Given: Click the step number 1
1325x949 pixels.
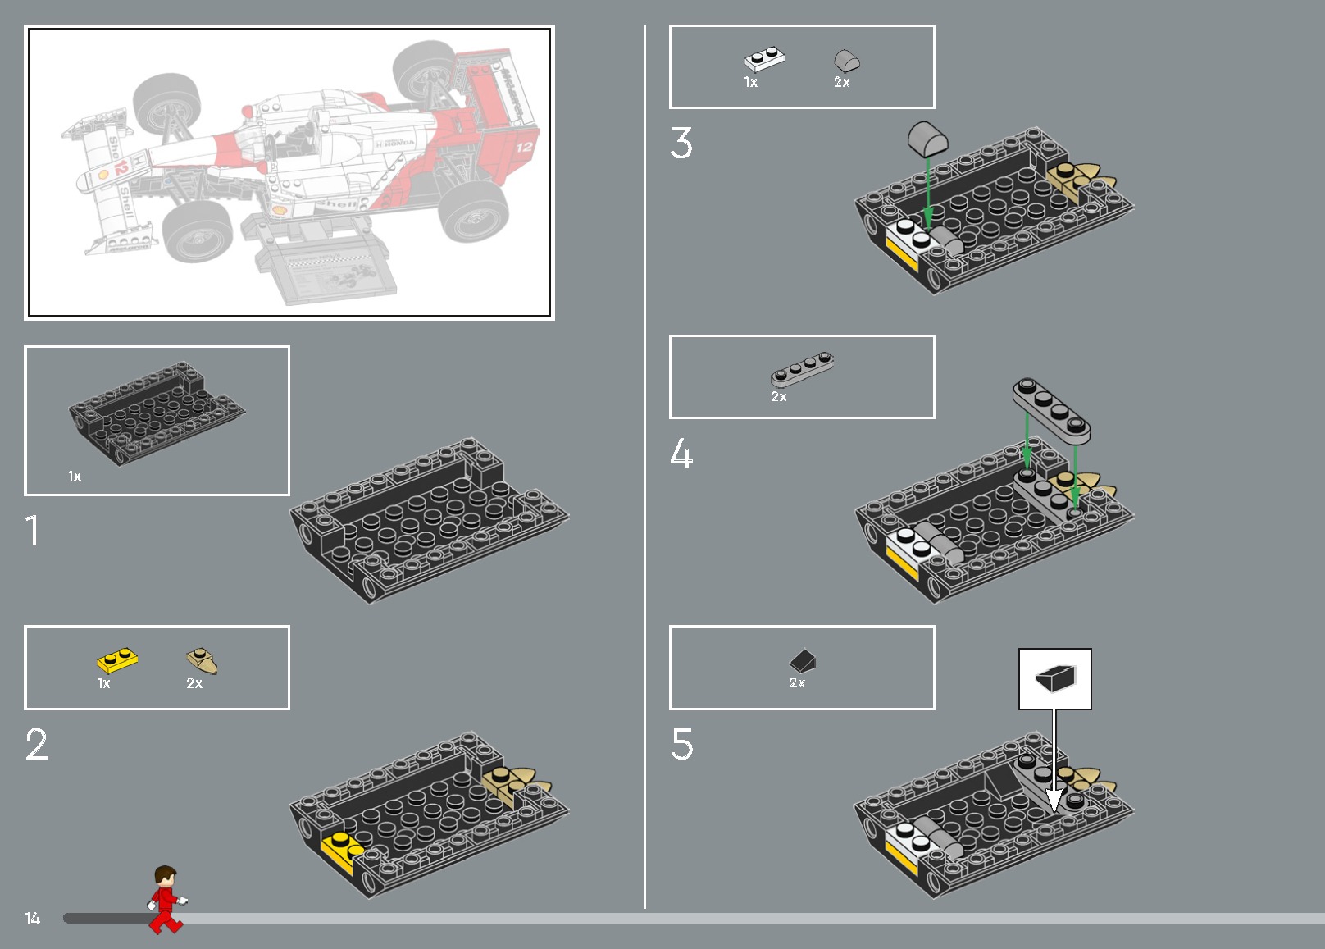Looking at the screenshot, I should click(32, 531).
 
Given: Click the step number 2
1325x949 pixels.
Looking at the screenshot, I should click(36, 745).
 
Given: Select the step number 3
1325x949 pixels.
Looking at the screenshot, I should click(681, 143).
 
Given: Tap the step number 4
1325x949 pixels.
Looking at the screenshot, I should click(681, 453).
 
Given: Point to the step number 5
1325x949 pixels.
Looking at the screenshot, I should click(681, 744).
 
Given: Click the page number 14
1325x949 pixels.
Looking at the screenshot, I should click(32, 919).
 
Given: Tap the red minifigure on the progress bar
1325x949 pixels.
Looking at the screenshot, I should click(166, 900).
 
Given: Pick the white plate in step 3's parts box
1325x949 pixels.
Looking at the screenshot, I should click(764, 59).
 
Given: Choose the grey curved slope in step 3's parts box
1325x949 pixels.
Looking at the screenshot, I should click(846, 60).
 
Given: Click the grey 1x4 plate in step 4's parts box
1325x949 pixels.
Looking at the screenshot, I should click(802, 369).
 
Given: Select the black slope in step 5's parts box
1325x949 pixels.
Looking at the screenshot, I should click(804, 660).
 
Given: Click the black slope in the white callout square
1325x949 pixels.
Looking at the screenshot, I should click(1055, 678).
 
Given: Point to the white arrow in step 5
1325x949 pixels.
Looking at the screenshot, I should click(1054, 771).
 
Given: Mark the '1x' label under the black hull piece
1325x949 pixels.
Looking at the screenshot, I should click(75, 476).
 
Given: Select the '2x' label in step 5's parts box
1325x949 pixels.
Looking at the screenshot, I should click(797, 682).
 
